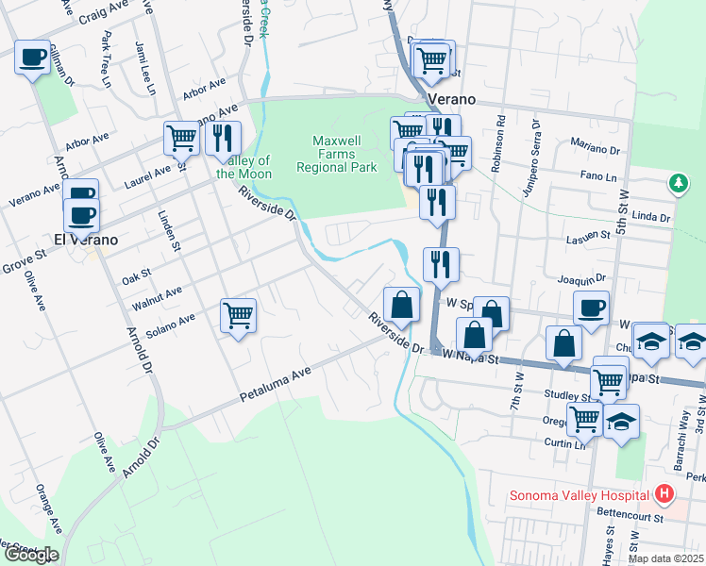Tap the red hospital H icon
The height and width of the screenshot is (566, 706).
(x=664, y=494)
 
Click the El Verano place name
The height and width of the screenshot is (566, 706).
(x=85, y=240)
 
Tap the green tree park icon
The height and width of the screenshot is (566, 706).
(x=677, y=182)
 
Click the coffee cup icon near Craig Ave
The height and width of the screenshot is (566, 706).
(x=33, y=58)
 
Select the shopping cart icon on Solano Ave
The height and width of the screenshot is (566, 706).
(x=239, y=315)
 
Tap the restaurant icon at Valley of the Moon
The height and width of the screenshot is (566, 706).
(x=223, y=138)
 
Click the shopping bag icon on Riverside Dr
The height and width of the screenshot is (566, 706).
(x=402, y=304)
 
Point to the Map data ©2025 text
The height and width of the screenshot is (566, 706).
(x=664, y=558)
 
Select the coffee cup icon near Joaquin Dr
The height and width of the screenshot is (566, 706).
(x=591, y=308)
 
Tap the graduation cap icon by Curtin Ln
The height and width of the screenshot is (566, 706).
(x=621, y=421)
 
